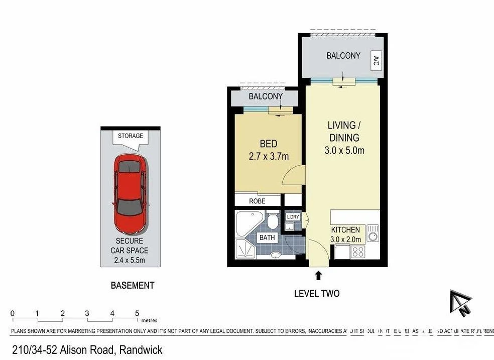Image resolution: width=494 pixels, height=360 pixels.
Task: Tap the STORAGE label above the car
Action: (x=131, y=136)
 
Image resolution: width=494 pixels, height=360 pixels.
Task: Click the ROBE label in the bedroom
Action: (x=257, y=201)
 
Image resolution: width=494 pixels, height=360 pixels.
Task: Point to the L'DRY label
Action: (x=292, y=217)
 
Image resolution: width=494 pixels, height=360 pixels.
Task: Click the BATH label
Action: (x=266, y=237)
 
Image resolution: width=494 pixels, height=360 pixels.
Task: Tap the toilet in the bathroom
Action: (x=273, y=221)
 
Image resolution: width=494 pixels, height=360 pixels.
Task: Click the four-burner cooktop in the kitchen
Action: (x=358, y=252)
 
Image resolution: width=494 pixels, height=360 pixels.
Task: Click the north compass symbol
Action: (x=461, y=303)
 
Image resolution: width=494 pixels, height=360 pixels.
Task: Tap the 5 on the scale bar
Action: (x=137, y=313)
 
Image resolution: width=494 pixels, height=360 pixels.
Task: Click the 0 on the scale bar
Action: (x=13, y=313)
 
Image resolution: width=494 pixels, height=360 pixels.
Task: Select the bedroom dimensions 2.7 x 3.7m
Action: (x=269, y=157)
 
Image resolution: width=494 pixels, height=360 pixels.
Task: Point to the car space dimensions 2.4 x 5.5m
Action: (x=130, y=260)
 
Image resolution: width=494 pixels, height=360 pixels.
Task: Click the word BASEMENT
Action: (x=132, y=285)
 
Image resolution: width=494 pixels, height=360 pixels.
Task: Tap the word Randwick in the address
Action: (x=141, y=349)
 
